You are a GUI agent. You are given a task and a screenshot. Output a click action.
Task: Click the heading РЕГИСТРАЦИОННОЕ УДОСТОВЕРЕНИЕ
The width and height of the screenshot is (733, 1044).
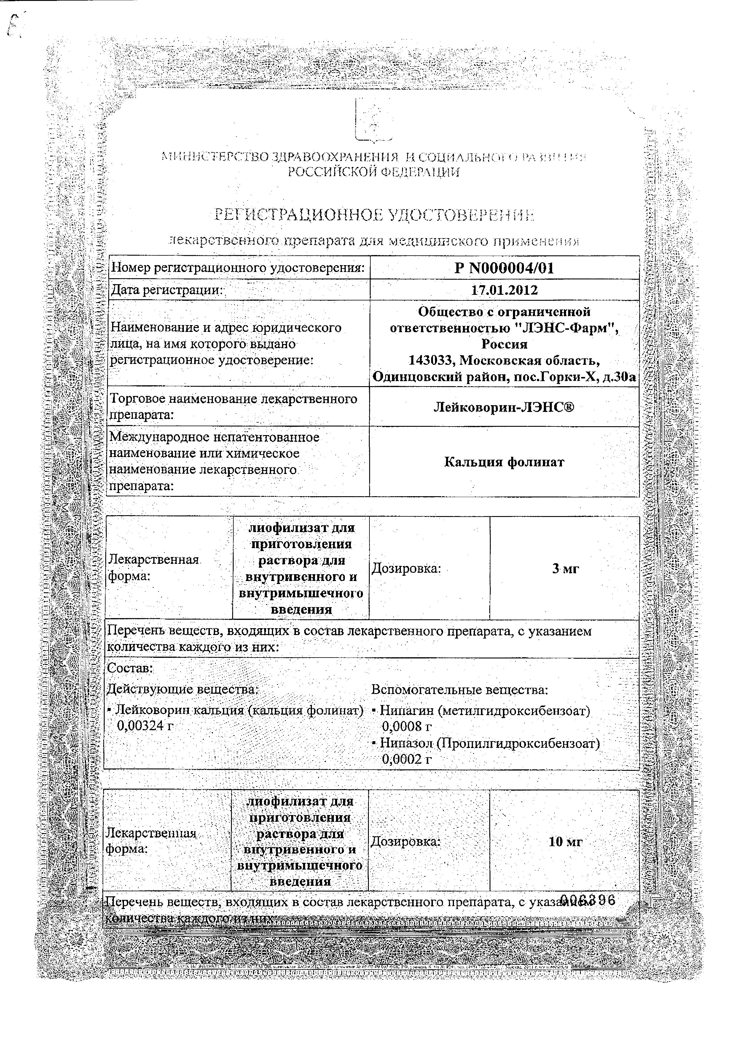tap(374, 215)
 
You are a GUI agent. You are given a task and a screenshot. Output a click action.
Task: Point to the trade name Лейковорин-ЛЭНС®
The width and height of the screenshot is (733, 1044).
tap(504, 407)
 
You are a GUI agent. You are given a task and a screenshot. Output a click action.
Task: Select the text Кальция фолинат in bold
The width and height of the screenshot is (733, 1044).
tap(504, 462)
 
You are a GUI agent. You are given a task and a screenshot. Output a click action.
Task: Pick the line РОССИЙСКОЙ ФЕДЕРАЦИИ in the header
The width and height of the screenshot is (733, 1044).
tap(374, 172)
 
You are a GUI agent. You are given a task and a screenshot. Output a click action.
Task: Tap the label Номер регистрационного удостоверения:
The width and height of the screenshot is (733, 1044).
tap(238, 268)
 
